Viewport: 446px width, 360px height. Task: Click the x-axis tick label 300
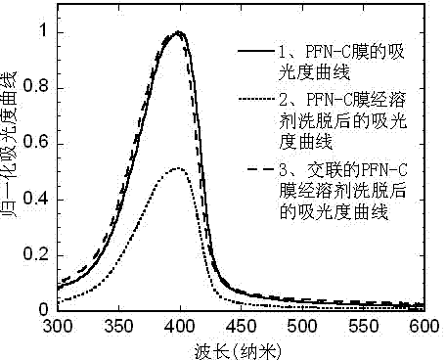point(58,326)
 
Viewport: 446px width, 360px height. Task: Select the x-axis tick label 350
point(118,326)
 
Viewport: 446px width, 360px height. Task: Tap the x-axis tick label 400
point(180,326)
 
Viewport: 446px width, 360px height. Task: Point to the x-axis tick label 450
point(242,326)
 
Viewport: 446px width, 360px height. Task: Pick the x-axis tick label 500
point(302,326)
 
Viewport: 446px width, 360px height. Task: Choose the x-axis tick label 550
point(364,326)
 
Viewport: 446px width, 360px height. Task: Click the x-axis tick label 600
point(424,326)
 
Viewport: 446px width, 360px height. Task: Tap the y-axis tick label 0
point(44,309)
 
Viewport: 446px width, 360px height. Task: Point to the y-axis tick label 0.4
point(36,199)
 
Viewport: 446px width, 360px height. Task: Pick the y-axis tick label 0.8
point(36,86)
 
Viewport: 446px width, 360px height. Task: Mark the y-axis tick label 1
point(44,30)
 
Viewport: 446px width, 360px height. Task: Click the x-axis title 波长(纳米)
point(238,351)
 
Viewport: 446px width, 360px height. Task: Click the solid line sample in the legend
point(256,51)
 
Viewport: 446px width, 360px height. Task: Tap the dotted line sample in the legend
point(256,99)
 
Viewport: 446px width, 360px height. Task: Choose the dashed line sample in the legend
point(261,169)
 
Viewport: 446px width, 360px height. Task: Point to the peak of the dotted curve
point(178,168)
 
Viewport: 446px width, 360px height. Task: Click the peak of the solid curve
point(179,32)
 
